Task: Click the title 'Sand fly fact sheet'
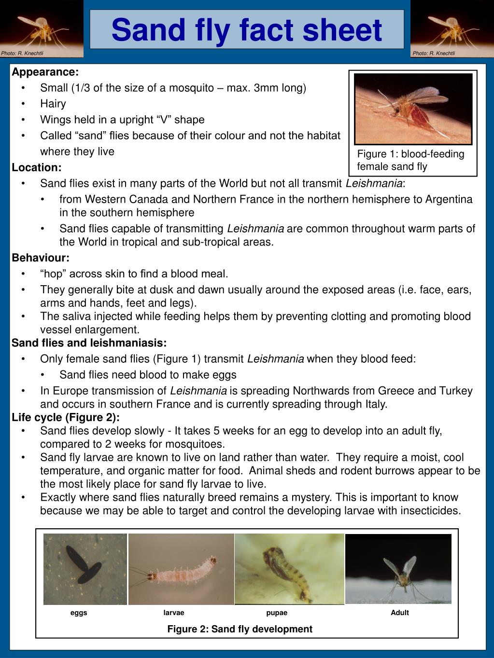[247, 30]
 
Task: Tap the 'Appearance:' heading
[45, 72]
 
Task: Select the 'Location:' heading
[37, 167]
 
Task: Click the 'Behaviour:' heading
[41, 258]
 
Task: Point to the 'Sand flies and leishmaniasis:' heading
[89, 343]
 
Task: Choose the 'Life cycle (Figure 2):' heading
[66, 417]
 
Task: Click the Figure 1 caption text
[410, 160]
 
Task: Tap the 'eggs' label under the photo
[79, 613]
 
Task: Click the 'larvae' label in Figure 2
[174, 613]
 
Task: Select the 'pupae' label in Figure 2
[277, 613]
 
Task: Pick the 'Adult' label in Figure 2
[400, 613]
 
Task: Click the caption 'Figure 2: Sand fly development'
[240, 629]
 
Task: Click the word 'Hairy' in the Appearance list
[53, 104]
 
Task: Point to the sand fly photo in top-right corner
[452, 27]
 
